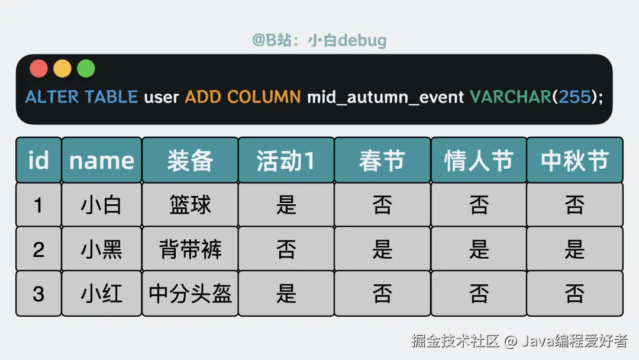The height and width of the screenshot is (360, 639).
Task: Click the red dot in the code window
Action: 38,69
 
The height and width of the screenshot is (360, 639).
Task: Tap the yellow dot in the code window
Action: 62,69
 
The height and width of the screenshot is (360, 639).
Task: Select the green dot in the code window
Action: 86,69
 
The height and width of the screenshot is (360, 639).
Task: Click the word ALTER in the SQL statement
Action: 52,97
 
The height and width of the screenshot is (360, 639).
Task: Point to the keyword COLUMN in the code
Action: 264,97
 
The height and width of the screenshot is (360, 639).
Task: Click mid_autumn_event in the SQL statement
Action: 385,97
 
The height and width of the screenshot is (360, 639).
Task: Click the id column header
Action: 38,160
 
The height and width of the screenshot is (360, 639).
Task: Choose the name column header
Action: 102,160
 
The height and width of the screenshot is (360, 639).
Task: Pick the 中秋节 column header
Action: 575,160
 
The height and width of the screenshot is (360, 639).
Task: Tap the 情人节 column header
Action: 479,160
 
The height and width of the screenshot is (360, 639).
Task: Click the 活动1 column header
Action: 286,160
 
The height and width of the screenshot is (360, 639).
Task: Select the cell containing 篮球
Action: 190,205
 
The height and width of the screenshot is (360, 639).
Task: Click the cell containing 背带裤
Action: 190,249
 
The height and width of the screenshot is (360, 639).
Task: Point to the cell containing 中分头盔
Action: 190,294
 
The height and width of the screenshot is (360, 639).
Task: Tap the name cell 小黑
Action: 102,249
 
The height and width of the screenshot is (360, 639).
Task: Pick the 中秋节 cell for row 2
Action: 575,249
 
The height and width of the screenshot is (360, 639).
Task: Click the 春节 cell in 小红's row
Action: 382,294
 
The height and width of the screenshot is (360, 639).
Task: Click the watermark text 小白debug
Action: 347,40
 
